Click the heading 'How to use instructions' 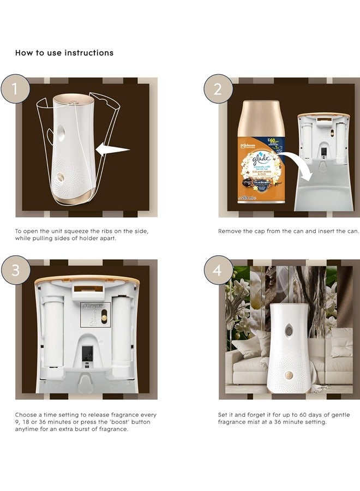coord(64,53)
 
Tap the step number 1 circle coord(15,88)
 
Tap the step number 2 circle coord(218,88)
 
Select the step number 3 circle coord(15,271)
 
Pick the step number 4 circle coord(218,271)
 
